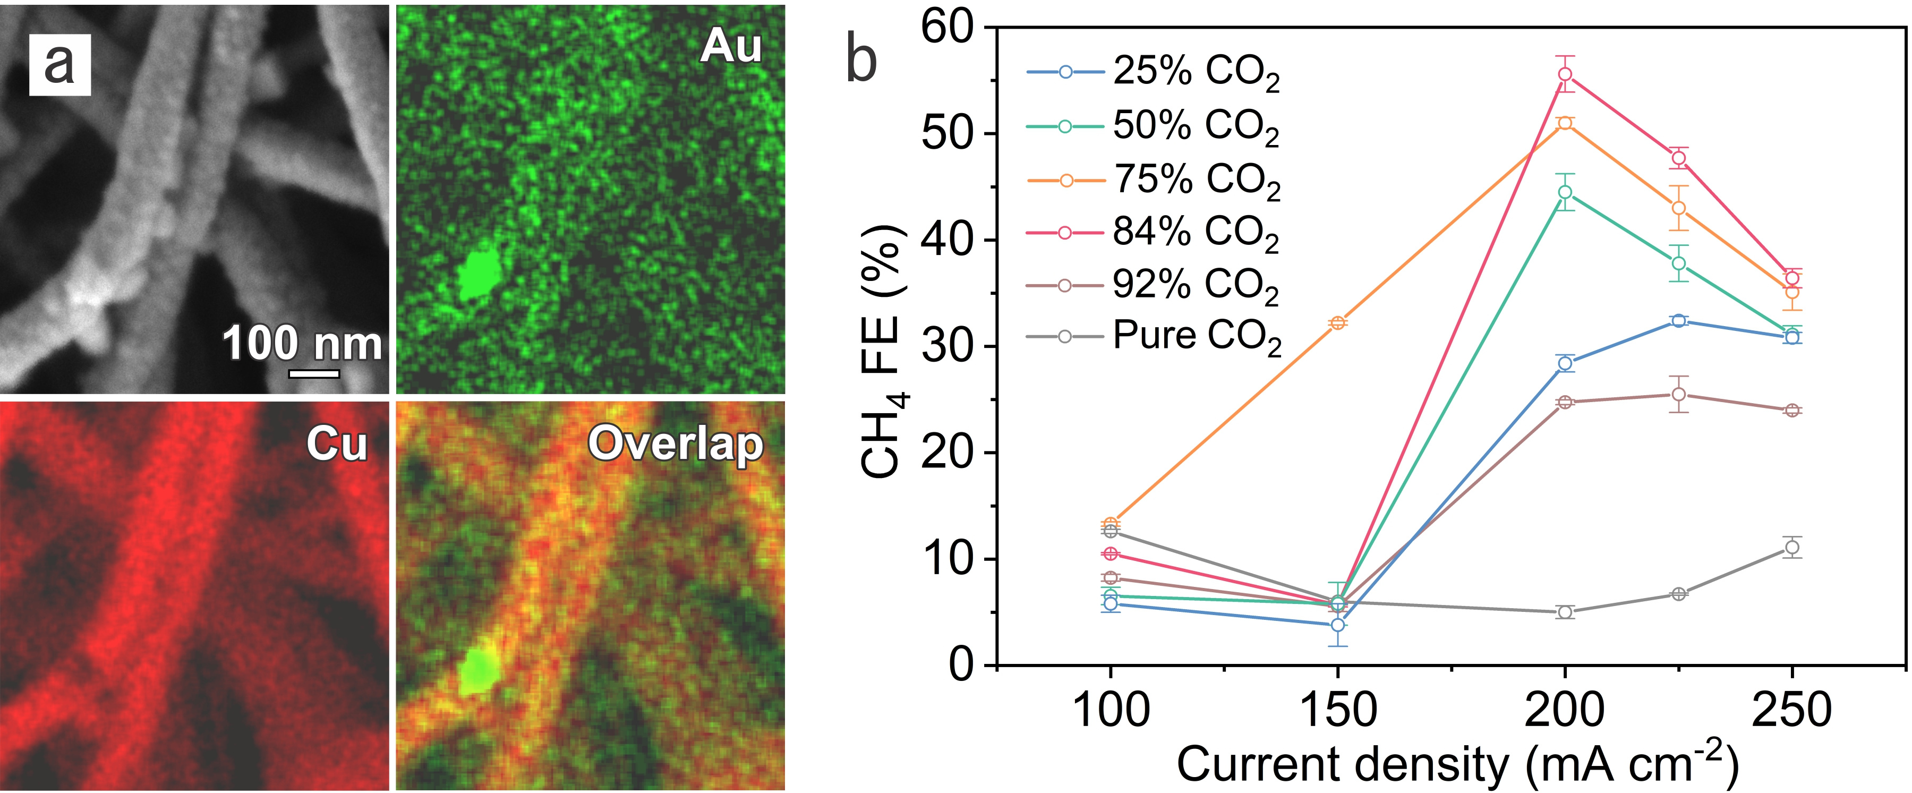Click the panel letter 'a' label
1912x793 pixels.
[x=59, y=65]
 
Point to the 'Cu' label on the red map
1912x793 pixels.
[x=336, y=444]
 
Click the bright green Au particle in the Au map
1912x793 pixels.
[x=478, y=273]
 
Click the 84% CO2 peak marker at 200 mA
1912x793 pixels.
[x=1565, y=74]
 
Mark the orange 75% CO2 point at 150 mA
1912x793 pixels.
[x=1337, y=322]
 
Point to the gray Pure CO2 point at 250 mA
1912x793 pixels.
[x=1792, y=547]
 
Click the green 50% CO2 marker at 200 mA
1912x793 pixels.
[x=1565, y=192]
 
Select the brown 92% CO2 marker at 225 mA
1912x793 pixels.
[x=1679, y=394]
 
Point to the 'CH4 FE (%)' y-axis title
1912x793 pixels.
[x=883, y=349]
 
